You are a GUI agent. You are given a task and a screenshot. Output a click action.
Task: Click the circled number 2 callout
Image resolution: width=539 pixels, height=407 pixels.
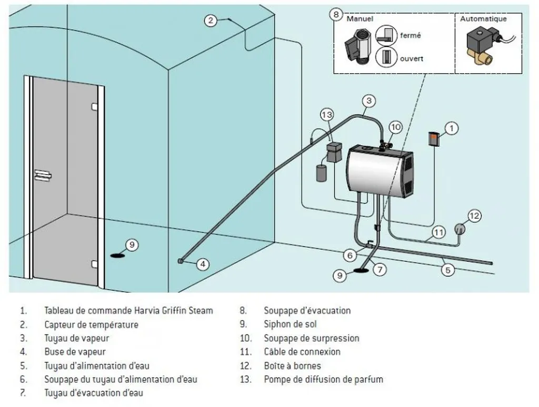click(x=211, y=21)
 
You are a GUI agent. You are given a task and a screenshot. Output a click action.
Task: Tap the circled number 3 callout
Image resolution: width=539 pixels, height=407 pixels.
click(x=369, y=100)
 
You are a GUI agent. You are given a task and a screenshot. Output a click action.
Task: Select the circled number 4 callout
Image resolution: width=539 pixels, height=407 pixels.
click(x=203, y=264)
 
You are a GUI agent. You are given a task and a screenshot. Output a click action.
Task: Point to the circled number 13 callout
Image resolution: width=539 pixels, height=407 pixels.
click(x=327, y=114)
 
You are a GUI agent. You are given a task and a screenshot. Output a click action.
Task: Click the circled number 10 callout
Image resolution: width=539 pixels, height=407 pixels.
click(x=395, y=127)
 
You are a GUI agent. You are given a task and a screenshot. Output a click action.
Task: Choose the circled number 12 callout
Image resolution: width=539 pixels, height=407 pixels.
click(x=474, y=215)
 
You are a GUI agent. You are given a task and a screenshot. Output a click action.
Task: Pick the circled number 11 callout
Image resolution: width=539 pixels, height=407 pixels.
click(x=439, y=231)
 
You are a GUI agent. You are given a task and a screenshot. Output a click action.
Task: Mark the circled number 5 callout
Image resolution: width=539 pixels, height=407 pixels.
click(x=447, y=270)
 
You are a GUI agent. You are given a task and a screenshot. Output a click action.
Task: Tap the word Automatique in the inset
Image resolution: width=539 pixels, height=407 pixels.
click(x=483, y=19)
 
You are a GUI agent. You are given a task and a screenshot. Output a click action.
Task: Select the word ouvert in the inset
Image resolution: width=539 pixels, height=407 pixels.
click(x=412, y=58)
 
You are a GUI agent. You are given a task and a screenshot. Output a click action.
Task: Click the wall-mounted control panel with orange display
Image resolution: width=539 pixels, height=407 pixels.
click(x=433, y=139)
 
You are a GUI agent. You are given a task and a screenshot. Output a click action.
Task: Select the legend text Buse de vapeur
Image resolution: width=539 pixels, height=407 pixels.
click(x=75, y=352)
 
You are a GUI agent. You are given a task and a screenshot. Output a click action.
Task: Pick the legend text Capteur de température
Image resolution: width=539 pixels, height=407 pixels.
click(x=91, y=324)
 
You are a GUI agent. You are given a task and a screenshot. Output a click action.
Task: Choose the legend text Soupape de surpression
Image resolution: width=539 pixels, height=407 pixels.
click(x=311, y=338)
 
